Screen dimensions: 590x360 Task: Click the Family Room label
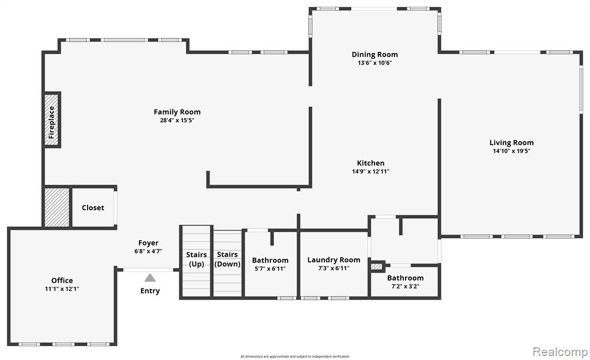click(x=177, y=112)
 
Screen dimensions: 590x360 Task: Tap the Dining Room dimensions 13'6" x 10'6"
click(x=375, y=63)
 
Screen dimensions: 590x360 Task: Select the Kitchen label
click(x=370, y=163)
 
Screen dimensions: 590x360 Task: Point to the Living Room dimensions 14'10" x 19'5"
click(x=512, y=151)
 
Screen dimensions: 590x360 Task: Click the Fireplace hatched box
click(x=51, y=120)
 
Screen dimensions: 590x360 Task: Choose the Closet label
click(x=93, y=208)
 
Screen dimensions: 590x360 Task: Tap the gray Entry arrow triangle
click(x=150, y=278)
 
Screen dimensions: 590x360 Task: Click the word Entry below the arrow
click(x=150, y=291)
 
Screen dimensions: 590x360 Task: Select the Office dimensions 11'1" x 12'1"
click(x=62, y=289)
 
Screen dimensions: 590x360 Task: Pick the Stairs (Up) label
click(x=196, y=259)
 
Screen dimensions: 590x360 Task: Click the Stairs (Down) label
click(x=227, y=259)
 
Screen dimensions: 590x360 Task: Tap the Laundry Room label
click(x=334, y=260)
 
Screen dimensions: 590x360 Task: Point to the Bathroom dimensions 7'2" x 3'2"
click(x=405, y=286)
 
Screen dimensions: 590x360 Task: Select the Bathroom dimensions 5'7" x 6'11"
click(x=270, y=268)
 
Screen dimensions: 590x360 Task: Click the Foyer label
click(x=148, y=243)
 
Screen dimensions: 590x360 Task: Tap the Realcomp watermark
click(x=560, y=352)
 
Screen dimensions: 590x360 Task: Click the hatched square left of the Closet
click(x=57, y=207)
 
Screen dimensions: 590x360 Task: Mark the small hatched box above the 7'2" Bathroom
click(x=376, y=267)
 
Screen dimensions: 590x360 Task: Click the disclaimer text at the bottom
click(x=295, y=356)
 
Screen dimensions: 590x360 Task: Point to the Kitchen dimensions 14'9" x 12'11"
click(x=370, y=172)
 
